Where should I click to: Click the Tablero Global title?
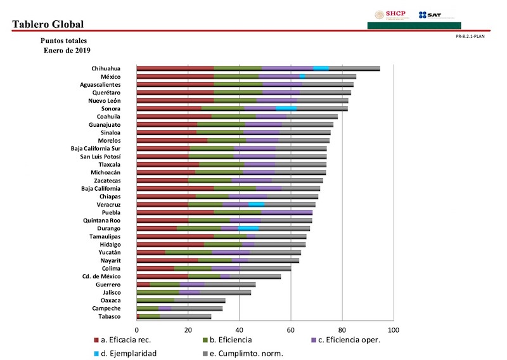point(48,25)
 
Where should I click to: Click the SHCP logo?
point(391,15)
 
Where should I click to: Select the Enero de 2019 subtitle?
point(67,49)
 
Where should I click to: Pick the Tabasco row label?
point(109,316)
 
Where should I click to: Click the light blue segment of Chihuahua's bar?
point(321,68)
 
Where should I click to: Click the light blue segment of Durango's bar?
point(248,228)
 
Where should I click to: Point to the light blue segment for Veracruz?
point(256,205)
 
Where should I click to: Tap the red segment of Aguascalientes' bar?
point(175,84)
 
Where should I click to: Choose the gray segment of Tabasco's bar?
point(185,316)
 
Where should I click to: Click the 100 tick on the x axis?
point(394,331)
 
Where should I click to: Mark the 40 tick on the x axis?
point(240,331)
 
